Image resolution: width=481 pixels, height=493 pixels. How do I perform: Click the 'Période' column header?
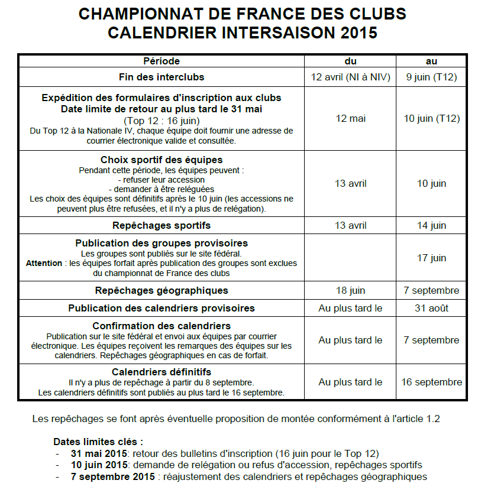[162, 61]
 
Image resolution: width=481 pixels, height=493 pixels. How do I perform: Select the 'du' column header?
[350, 61]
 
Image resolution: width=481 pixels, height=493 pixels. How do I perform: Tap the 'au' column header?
[431, 61]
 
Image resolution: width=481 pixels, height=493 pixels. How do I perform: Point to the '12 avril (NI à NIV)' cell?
[350, 77]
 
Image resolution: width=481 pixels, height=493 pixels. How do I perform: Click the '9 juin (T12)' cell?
[431, 77]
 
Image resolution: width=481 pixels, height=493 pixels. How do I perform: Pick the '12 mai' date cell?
[350, 119]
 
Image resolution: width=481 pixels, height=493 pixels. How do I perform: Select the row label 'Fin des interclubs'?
[162, 77]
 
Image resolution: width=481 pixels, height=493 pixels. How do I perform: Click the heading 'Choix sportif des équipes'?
[162, 160]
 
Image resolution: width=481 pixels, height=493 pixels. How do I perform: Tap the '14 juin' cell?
[431, 225]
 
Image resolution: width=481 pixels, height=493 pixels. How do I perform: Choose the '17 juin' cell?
[431, 258]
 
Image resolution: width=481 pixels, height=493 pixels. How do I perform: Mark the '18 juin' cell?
[350, 290]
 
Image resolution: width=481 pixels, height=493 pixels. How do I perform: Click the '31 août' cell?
[431, 308]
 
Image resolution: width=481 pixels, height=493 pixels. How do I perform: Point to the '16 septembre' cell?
[431, 382]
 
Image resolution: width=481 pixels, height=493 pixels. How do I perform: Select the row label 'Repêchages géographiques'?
[162, 290]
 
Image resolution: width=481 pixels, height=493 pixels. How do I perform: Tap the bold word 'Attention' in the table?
[44, 263]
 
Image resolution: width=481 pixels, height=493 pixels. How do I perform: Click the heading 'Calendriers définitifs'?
[162, 372]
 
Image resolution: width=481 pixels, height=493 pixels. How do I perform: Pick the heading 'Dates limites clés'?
[98, 442]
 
